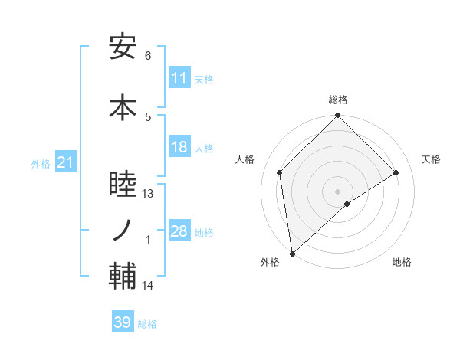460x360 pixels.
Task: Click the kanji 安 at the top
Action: click(123, 47)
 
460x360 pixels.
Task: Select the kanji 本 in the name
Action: click(123, 107)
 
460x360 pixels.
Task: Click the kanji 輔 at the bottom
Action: click(123, 277)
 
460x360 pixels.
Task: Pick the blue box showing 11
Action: click(179, 77)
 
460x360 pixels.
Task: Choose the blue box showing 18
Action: click(179, 147)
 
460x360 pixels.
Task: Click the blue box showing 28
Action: click(179, 231)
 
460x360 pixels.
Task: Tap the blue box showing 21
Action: click(64, 162)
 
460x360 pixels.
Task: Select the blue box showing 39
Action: click(123, 322)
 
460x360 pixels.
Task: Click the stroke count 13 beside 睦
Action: click(149, 194)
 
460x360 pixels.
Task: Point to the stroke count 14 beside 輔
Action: click(149, 286)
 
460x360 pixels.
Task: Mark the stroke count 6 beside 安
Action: click(148, 56)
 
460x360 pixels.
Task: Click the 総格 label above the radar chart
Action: click(338, 100)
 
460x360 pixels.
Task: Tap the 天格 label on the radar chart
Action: click(432, 159)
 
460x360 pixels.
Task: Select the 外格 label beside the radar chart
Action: click(270, 262)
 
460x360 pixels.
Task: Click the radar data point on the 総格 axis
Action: click(338, 116)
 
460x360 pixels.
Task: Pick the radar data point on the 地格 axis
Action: click(347, 204)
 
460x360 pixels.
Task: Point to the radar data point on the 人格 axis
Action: click(280, 172)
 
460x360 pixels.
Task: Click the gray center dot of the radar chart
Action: click(338, 191)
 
